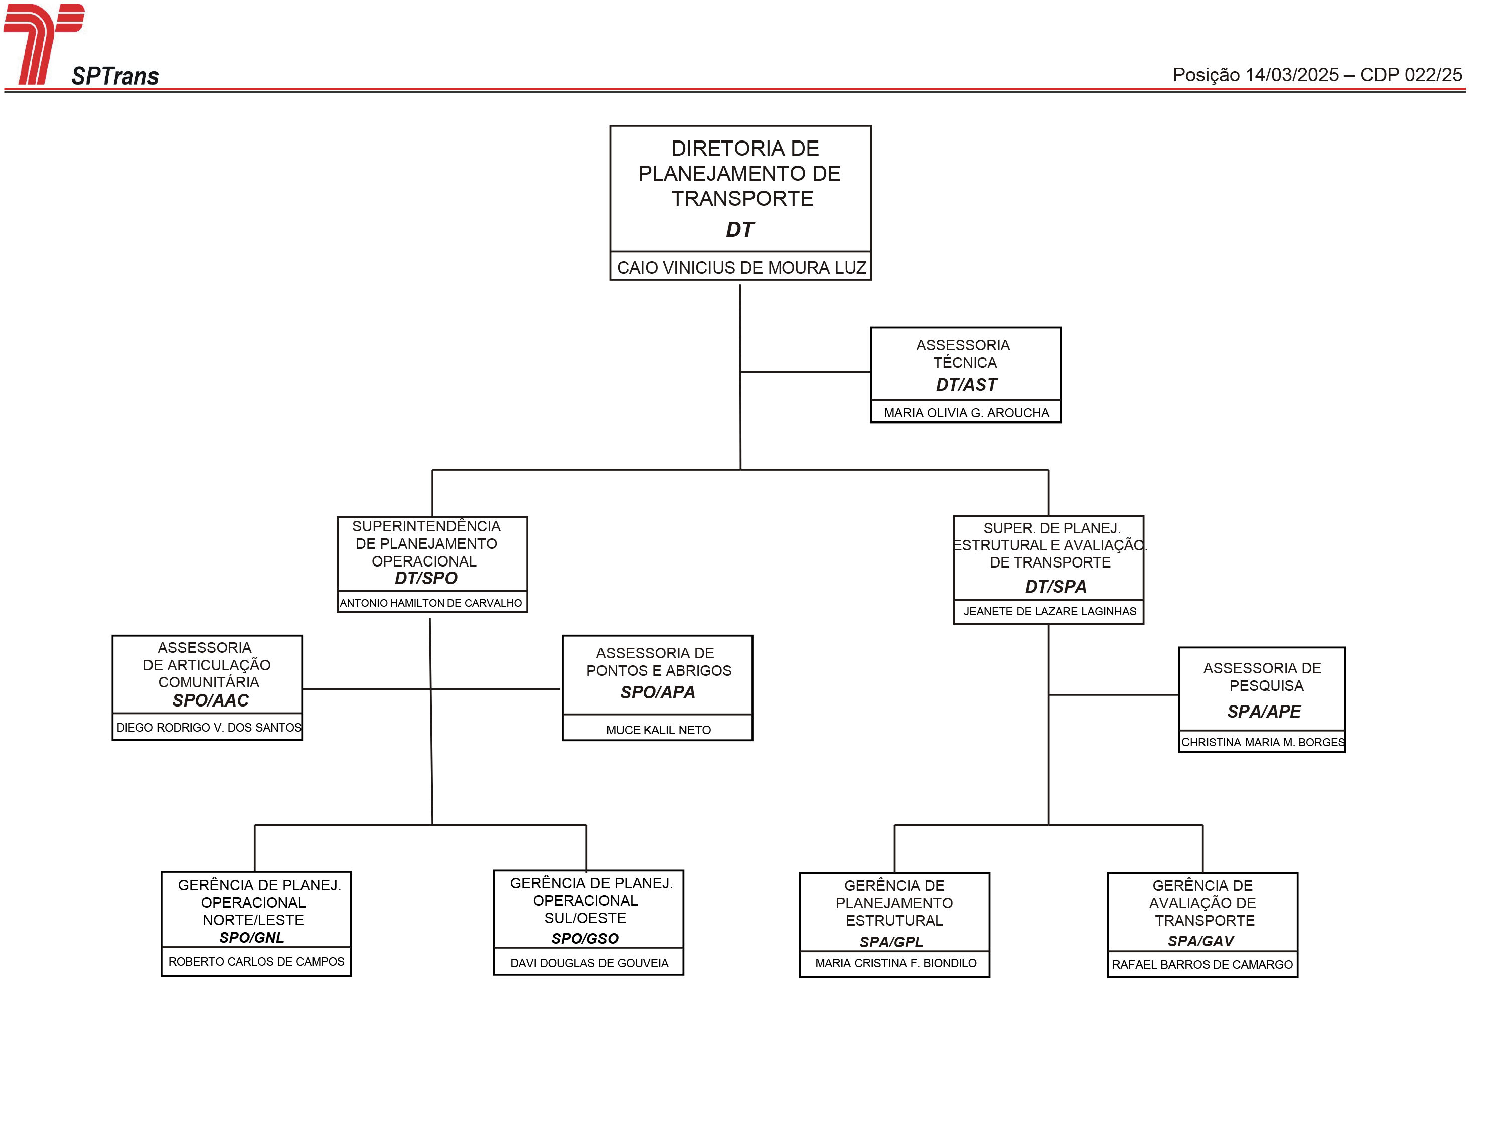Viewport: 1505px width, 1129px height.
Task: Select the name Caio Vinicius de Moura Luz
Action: (741, 268)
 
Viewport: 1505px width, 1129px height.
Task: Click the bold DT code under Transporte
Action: (740, 230)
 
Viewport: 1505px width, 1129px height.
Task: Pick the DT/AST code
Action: (966, 385)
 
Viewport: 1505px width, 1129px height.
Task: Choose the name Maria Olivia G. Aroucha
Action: (967, 413)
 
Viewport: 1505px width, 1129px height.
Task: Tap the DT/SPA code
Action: (1056, 587)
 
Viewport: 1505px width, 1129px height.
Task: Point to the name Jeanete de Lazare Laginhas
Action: (1050, 611)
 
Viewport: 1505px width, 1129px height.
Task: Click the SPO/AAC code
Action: (210, 700)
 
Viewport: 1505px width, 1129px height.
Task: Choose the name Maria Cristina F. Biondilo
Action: (896, 963)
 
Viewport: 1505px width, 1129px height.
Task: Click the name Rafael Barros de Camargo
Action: (1202, 965)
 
